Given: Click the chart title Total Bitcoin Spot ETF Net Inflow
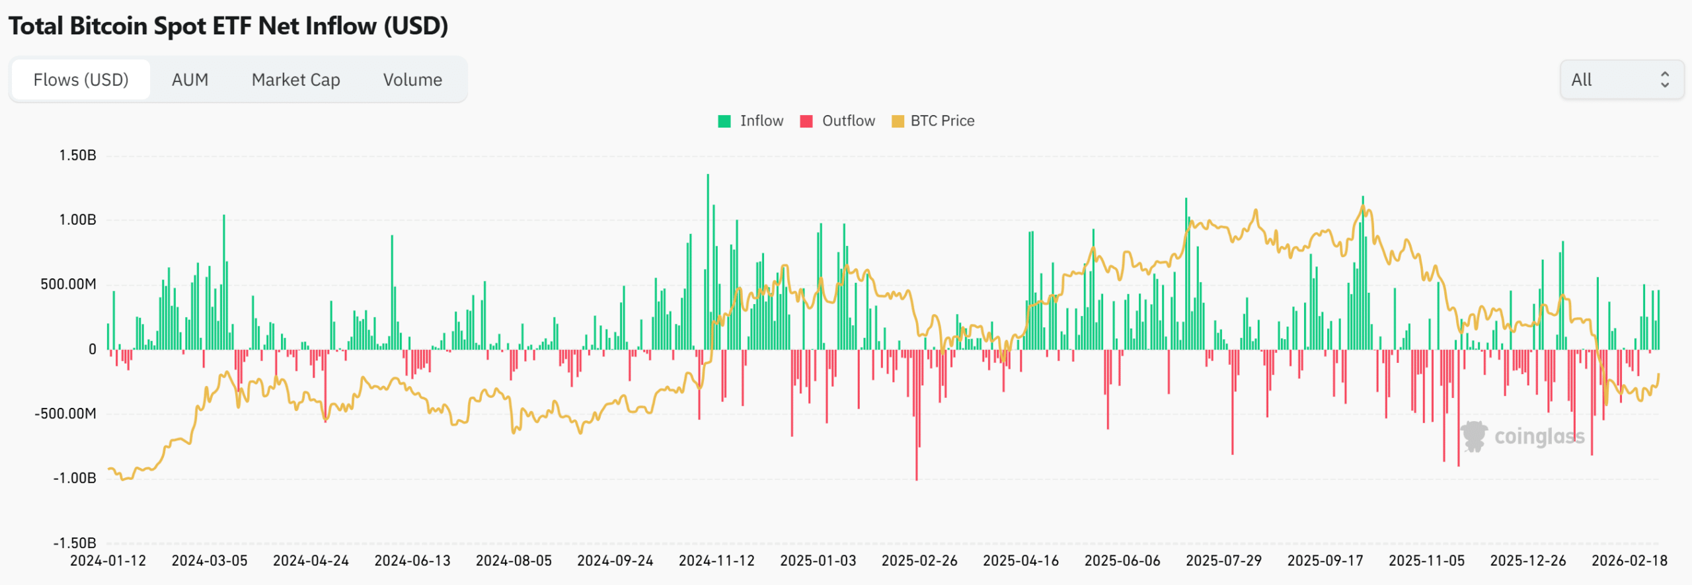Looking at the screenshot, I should point(228,26).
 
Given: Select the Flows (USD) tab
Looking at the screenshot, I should point(81,80).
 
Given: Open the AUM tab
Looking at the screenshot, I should point(190,80).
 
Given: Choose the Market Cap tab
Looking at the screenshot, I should point(295,80).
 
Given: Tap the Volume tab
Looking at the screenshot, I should point(412,80).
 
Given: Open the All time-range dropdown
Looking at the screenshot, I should point(1621,80).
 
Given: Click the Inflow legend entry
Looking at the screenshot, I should point(751,121).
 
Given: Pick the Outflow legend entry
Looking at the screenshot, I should point(838,121).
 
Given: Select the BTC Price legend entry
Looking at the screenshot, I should point(933,121).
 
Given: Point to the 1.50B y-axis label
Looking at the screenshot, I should point(77,155).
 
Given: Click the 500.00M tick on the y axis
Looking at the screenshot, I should point(68,284).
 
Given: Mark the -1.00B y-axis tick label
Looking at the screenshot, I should point(75,478).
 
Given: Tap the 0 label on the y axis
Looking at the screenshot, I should point(92,349).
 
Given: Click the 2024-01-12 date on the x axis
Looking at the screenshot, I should point(108,561).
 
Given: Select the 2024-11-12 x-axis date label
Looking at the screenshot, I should point(716,561).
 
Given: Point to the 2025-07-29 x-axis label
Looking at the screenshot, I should point(1223,561).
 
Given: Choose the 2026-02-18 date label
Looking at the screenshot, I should point(1629,561).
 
